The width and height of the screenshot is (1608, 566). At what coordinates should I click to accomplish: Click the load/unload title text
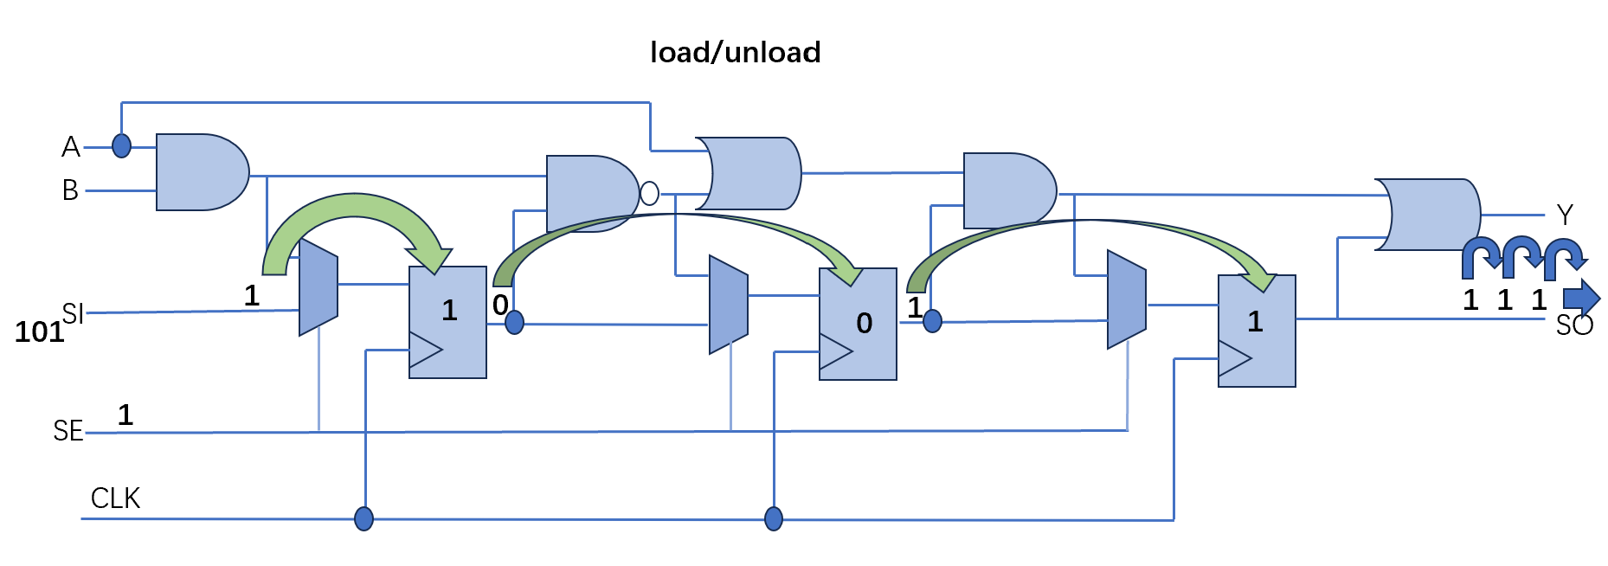[735, 53]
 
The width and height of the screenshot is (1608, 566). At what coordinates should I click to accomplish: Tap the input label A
[71, 147]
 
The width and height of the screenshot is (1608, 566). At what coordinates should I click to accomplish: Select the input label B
[70, 190]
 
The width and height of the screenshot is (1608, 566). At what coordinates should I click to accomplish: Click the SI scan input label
[73, 313]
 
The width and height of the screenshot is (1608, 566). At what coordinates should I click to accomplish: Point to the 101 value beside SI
[39, 331]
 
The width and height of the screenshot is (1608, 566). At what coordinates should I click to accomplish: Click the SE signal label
[68, 431]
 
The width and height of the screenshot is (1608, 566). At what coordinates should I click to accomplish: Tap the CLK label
[115, 498]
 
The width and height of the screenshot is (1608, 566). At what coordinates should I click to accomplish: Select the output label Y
[1565, 215]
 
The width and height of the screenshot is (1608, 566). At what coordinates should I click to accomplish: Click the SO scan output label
[1574, 325]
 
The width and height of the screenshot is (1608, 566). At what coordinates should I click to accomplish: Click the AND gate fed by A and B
[202, 172]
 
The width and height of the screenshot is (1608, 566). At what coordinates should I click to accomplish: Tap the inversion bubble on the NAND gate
[649, 193]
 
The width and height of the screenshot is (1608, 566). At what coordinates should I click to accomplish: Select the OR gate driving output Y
[1428, 215]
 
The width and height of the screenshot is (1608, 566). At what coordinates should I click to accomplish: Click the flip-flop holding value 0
[858, 324]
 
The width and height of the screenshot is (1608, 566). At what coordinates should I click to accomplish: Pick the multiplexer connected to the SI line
[318, 286]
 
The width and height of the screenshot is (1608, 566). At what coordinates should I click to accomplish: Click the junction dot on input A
[122, 145]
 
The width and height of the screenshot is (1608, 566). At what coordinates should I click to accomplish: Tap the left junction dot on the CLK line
[364, 518]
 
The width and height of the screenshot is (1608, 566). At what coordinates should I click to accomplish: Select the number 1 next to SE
[125, 415]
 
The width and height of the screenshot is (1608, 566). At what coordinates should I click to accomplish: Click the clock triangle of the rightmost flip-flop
[1234, 357]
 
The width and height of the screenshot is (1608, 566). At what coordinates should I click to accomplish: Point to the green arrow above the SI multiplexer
[355, 204]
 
